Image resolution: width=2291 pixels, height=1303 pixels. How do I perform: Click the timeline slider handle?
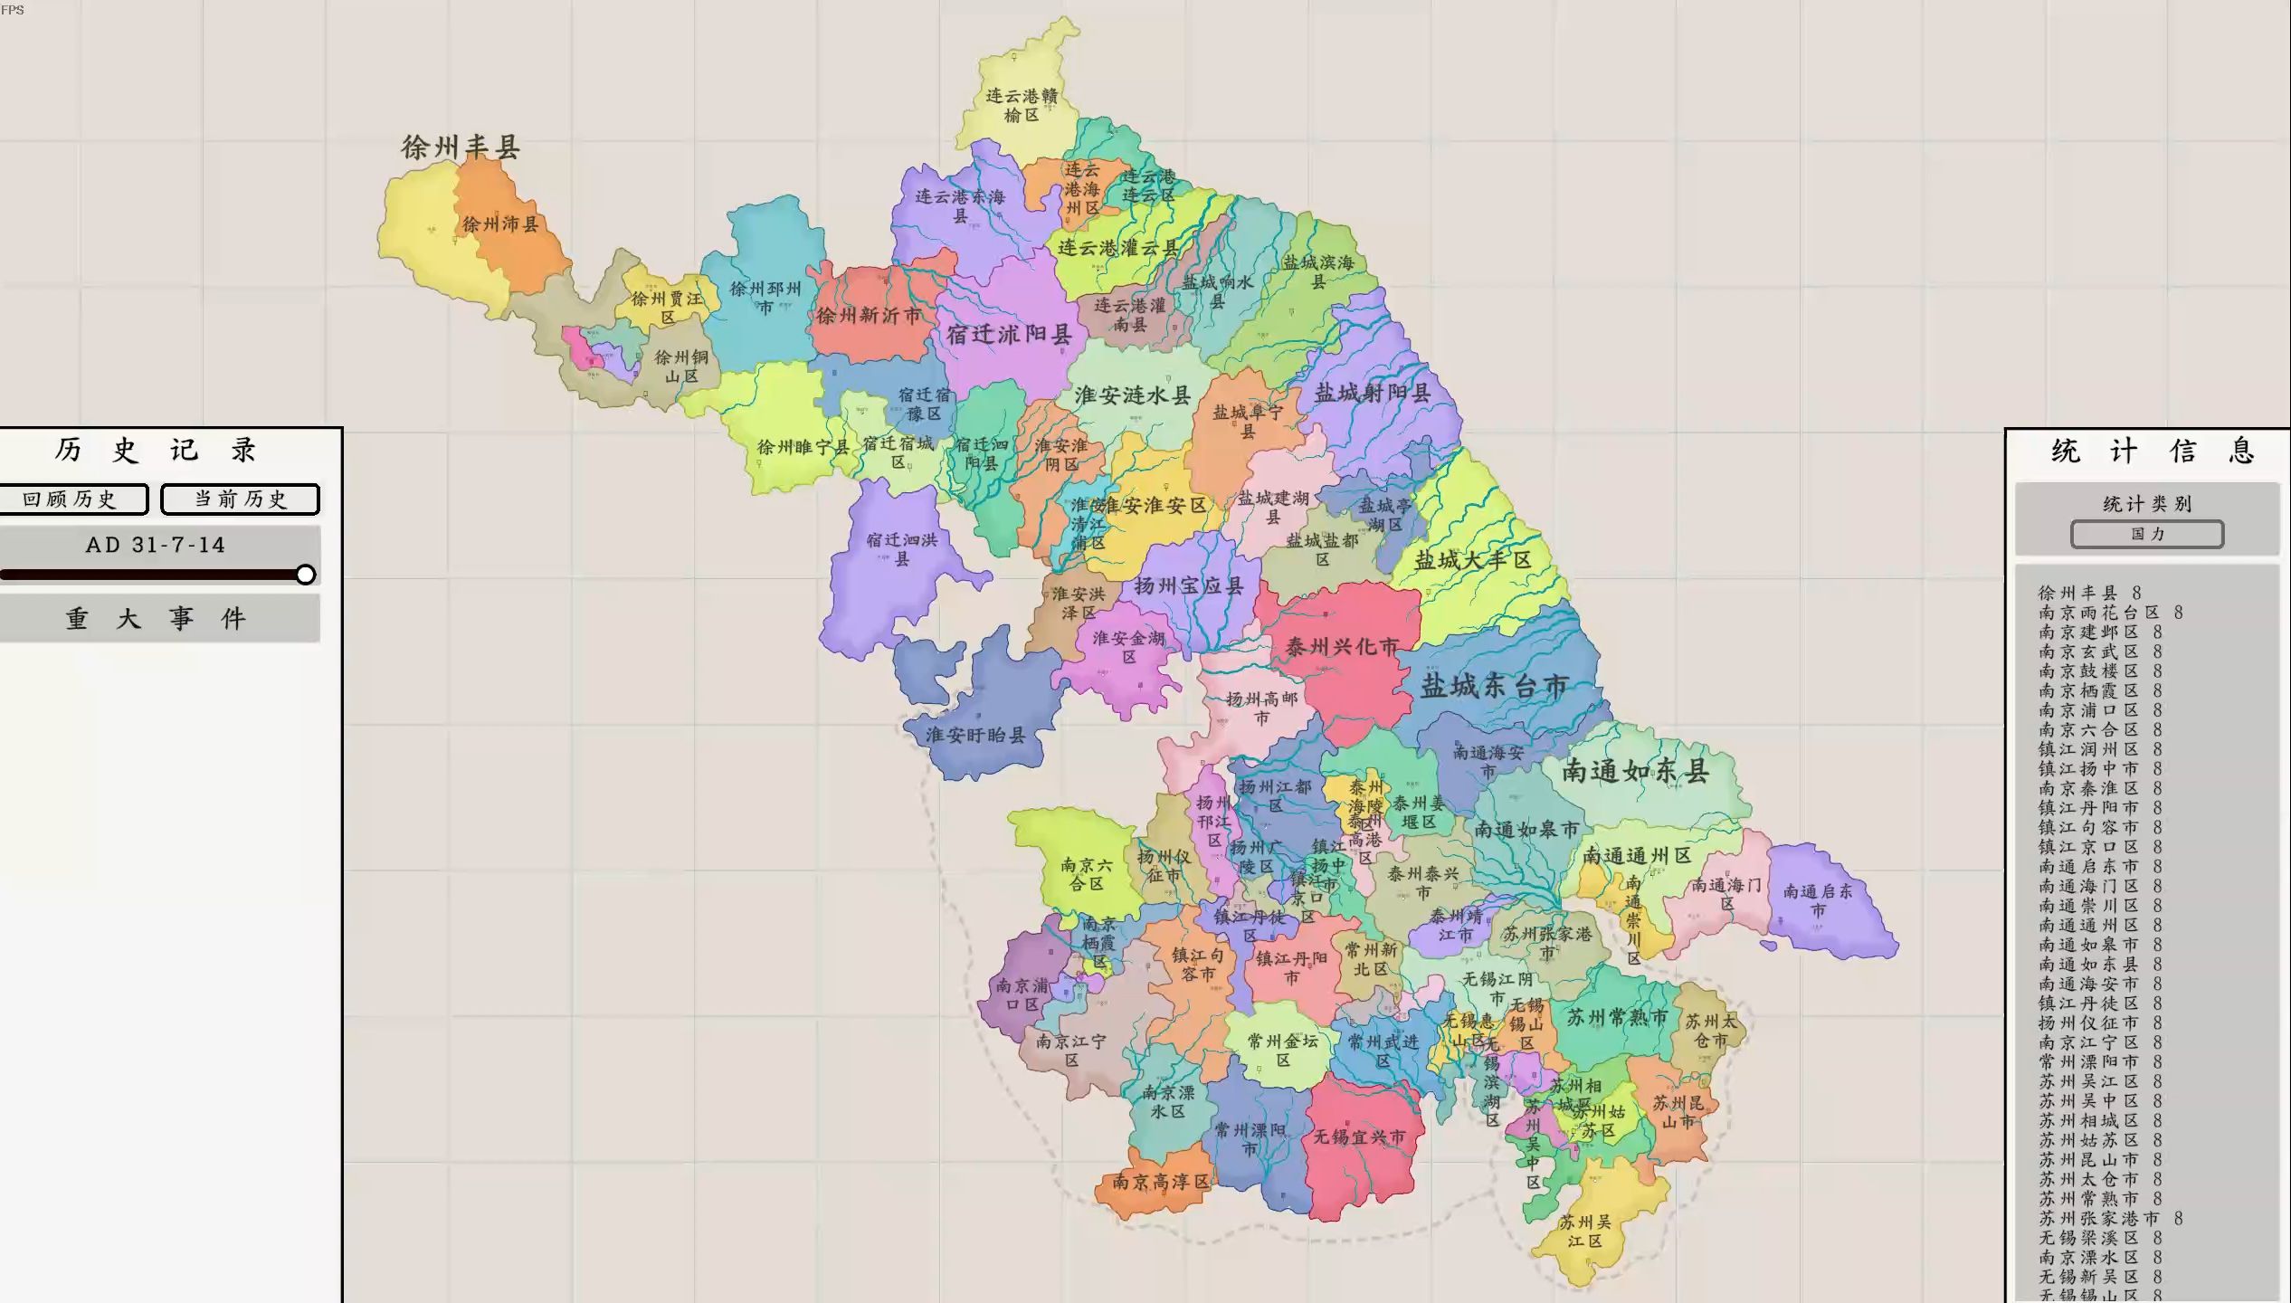(306, 575)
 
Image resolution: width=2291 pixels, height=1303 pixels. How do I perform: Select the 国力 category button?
(2146, 534)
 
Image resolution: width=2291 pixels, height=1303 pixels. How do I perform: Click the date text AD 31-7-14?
(156, 545)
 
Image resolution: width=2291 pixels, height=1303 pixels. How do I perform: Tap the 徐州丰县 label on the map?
(461, 147)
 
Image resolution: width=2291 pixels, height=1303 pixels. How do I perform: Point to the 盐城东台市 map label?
(1494, 686)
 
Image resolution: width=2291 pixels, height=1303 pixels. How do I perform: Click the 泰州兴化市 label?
(1342, 646)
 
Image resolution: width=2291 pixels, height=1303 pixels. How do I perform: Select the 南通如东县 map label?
(1636, 771)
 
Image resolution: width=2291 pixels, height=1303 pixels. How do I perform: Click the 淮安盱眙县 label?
(975, 735)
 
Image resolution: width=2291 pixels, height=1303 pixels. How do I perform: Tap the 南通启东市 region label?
(1818, 900)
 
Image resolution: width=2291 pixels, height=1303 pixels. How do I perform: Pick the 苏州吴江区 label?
(1584, 1232)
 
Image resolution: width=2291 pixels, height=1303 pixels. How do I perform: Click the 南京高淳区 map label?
(1160, 1182)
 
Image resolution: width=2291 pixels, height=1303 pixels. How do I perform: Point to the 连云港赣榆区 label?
(1021, 105)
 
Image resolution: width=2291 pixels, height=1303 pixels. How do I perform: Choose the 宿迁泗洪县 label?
(901, 549)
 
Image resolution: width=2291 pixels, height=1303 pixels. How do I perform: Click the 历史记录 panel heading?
(156, 450)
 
